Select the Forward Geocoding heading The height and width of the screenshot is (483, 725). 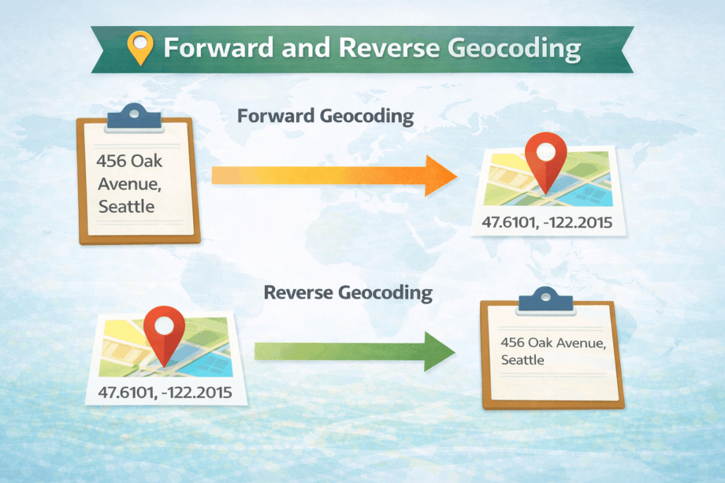click(x=325, y=117)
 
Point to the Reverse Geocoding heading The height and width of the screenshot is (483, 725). click(x=348, y=293)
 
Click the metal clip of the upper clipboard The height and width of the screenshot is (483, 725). click(x=134, y=116)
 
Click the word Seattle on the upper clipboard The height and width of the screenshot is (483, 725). click(x=126, y=207)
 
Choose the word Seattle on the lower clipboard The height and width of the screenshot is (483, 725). click(x=522, y=360)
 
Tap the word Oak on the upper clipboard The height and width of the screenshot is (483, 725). click(x=147, y=160)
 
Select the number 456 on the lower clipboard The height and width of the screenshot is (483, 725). click(x=512, y=343)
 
